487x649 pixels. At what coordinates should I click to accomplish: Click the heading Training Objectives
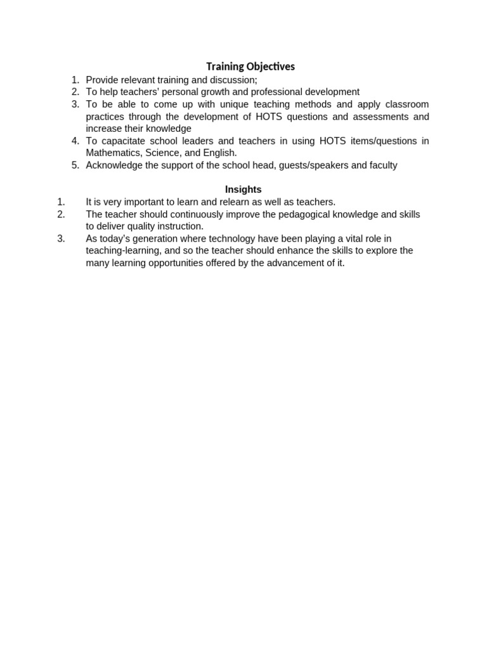250,67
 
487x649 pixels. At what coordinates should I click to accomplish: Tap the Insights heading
243,190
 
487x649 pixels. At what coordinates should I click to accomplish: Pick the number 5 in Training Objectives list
75,165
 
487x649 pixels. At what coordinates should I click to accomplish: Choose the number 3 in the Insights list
61,239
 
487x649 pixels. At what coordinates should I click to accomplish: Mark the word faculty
383,165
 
